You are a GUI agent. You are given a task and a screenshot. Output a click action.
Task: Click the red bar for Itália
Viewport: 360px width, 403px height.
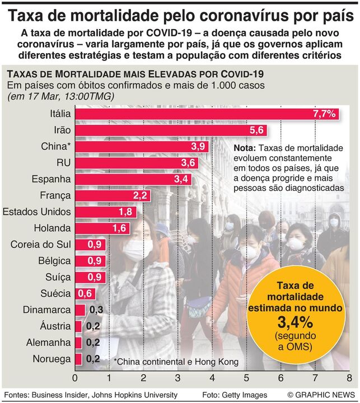tap(207, 114)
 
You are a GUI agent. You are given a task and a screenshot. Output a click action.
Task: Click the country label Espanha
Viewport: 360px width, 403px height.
tap(52, 179)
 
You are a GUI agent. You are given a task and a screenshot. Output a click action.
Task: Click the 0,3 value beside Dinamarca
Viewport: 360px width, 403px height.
tap(96, 310)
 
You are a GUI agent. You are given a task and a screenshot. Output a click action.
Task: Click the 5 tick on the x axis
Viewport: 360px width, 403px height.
tap(246, 377)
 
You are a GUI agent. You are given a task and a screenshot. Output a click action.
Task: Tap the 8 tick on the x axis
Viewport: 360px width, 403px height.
tap(349, 377)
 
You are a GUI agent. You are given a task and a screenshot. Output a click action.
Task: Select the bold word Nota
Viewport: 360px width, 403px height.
tap(245, 148)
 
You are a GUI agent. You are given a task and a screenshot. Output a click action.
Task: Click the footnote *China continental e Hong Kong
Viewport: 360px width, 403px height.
tap(176, 362)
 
